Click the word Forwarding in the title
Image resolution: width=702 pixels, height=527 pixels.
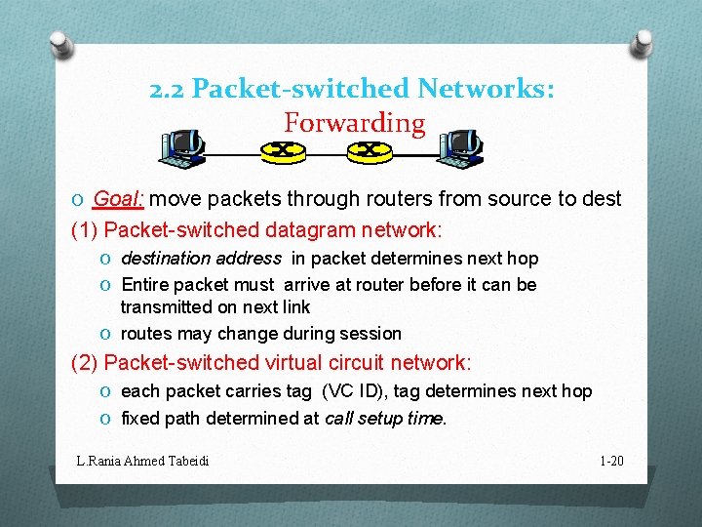355,124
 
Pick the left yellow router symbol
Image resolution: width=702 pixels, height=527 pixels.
283,150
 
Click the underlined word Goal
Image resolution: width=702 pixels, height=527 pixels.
118,199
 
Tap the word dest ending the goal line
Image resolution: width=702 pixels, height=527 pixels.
602,199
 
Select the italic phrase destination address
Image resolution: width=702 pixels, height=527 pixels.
201,259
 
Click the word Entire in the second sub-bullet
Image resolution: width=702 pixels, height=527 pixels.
145,285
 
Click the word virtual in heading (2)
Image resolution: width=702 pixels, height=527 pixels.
296,363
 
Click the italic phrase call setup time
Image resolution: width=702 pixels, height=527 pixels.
384,418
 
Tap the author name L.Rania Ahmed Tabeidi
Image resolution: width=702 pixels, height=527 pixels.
143,460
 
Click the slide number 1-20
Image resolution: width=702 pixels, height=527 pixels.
611,460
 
